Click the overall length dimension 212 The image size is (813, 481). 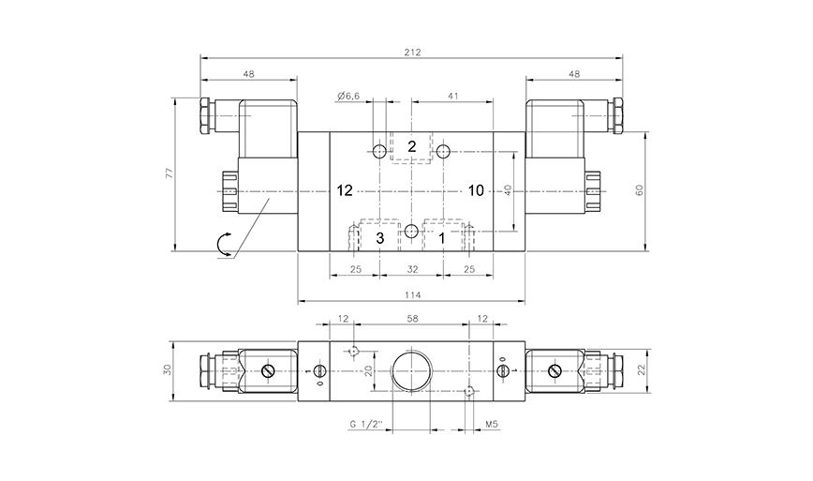click(413, 53)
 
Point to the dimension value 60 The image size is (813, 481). click(639, 189)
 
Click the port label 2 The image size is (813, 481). click(411, 146)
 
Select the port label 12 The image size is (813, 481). click(344, 190)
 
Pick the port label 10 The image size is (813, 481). click(476, 190)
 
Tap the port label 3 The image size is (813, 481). click(380, 238)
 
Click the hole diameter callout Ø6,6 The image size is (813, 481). click(348, 96)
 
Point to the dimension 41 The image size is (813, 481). click(453, 96)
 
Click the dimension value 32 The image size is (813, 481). click(412, 270)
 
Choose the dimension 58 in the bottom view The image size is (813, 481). click(412, 320)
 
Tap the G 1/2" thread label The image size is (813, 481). click(367, 424)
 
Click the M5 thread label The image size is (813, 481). click(491, 424)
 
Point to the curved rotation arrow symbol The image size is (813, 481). click(225, 246)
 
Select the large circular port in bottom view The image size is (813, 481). click(411, 372)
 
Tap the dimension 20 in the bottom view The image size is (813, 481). click(368, 371)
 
